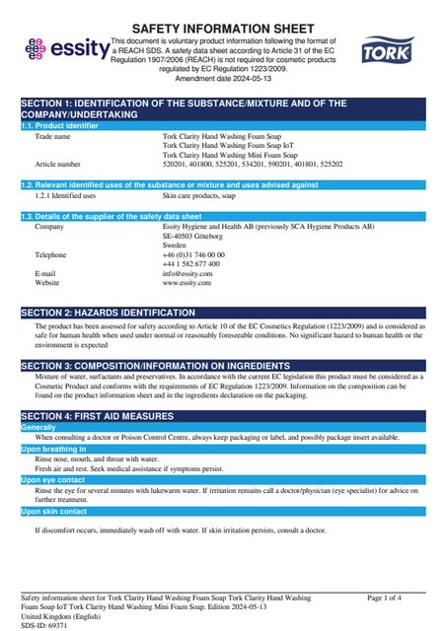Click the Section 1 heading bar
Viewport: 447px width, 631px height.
click(x=223, y=108)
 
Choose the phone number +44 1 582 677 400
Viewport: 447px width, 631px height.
click(x=191, y=264)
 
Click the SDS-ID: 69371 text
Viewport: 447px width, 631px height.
click(x=44, y=625)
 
